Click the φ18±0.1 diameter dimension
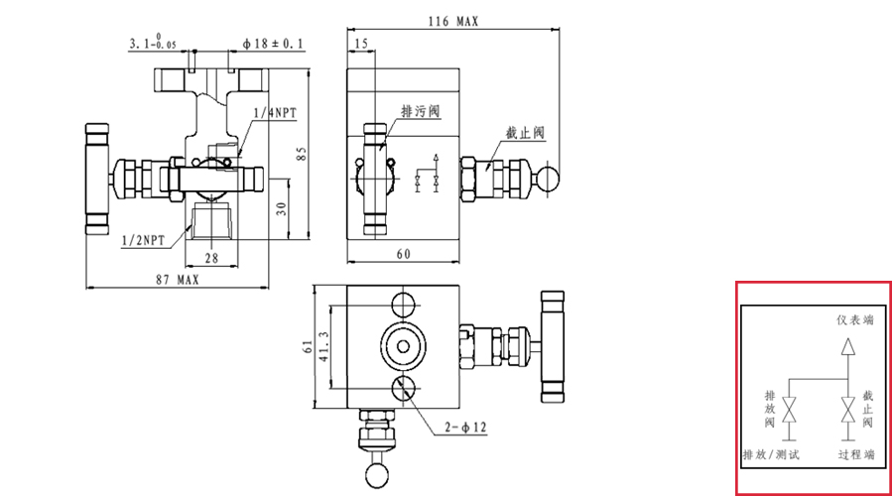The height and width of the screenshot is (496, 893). (273, 44)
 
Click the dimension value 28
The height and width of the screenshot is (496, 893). (211, 258)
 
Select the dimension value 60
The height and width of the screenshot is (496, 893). (403, 254)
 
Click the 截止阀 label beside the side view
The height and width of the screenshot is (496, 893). (525, 132)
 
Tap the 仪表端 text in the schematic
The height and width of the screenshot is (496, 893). (855, 320)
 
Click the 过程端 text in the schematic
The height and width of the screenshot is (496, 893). (855, 454)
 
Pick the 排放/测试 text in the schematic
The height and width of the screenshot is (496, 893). (771, 454)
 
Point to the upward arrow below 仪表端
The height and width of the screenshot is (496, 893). (846, 347)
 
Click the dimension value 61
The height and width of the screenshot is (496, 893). (309, 346)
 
